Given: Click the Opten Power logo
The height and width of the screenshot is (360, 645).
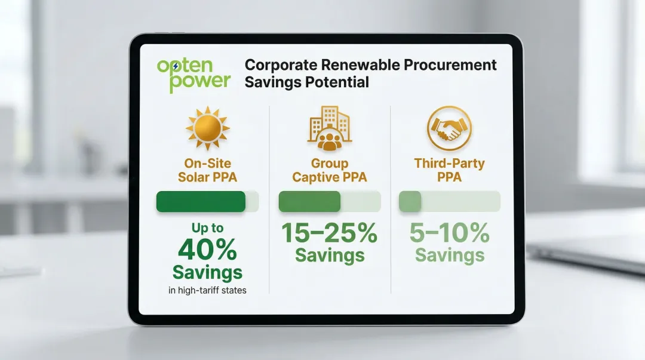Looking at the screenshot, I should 193,75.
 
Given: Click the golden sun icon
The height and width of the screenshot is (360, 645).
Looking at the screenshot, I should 207,128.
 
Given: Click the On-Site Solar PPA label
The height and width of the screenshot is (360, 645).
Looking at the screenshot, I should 207,170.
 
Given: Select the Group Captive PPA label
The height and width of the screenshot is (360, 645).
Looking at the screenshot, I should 329,170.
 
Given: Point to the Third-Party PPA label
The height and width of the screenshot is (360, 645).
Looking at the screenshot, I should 449,170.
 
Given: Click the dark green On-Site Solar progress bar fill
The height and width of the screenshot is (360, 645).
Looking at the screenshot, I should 201,202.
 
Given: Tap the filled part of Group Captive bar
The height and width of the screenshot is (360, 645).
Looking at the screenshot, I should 309,202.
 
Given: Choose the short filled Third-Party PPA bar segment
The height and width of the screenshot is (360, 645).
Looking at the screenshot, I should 410,202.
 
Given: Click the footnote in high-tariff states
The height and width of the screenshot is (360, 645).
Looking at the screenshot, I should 207,291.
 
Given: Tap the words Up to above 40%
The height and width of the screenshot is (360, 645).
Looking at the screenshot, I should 207,228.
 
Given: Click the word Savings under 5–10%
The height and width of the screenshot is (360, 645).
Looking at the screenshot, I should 449,256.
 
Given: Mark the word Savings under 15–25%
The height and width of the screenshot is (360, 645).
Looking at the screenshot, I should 329,256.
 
